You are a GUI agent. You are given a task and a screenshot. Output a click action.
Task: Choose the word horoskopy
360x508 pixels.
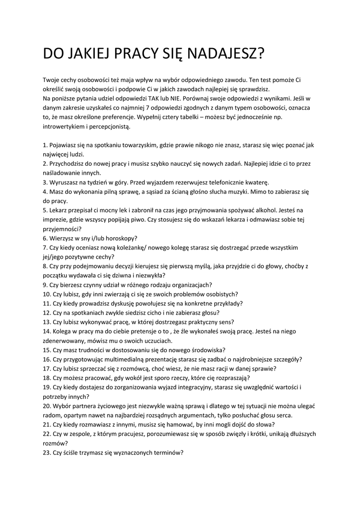click(119, 238)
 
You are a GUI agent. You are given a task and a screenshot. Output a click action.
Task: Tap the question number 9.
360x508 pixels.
click(45, 285)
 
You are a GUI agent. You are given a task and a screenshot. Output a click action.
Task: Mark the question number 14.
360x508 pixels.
click(47, 331)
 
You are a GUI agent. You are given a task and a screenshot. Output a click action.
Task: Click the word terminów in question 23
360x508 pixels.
click(167, 452)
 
